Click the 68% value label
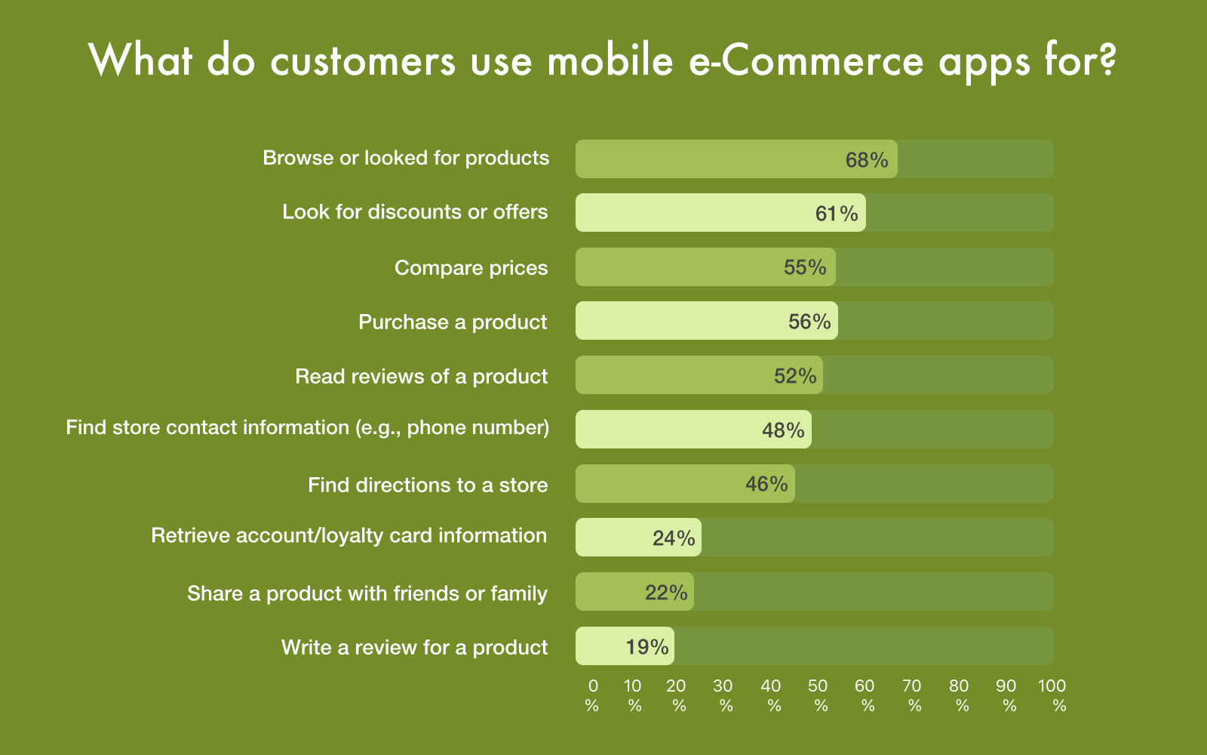tap(867, 159)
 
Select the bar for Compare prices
tap(705, 267)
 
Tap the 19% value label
tap(647, 646)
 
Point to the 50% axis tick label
tap(818, 695)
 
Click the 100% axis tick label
tap(1052, 695)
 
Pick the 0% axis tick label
tap(592, 695)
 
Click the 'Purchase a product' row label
tap(453, 322)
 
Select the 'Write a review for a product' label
tap(414, 647)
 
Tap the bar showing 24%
tap(638, 537)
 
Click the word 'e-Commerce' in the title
tap(806, 60)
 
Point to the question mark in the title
tap(1108, 60)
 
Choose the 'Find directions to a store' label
tap(428, 485)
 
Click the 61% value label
tap(837, 214)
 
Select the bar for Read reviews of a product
tap(699, 374)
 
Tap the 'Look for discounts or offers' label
tap(415, 212)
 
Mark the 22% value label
tap(667, 592)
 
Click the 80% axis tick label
tap(959, 695)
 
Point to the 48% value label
tap(783, 430)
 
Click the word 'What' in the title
tap(140, 60)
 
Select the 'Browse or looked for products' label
tap(406, 158)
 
